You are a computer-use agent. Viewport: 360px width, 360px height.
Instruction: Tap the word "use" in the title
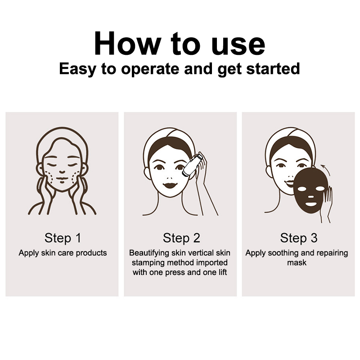click(238, 46)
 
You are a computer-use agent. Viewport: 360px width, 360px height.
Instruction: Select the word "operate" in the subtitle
click(150, 69)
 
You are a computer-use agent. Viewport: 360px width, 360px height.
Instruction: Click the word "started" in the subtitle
click(273, 68)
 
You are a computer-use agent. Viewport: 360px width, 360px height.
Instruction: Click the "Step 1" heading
click(63, 238)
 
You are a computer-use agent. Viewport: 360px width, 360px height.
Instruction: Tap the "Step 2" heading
click(181, 238)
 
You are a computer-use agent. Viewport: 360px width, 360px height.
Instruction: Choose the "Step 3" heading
click(299, 238)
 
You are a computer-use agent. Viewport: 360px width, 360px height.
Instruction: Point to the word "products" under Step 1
click(91, 253)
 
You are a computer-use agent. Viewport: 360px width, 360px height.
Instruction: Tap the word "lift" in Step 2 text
click(222, 272)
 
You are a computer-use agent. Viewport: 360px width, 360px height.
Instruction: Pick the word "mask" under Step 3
click(297, 263)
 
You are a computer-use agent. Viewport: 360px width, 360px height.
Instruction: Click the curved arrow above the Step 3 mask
click(326, 169)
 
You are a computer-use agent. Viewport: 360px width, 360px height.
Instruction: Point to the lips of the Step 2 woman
click(170, 184)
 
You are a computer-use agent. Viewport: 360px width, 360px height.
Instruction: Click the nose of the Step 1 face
click(62, 171)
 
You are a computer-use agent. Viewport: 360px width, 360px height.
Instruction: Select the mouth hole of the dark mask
click(310, 204)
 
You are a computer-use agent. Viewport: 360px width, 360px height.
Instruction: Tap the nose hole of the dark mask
click(310, 197)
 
